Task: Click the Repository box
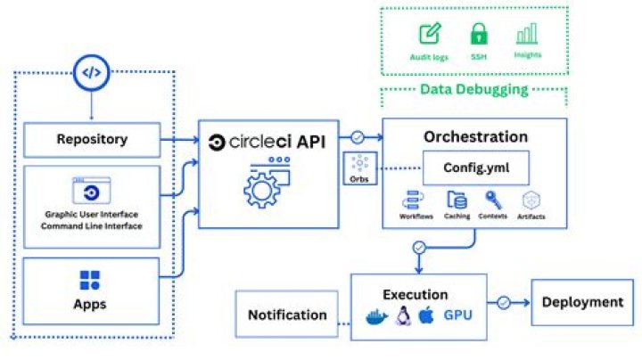pos(92,139)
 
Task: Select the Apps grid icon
pos(90,281)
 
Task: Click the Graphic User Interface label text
pos(91,214)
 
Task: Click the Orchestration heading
pos(475,136)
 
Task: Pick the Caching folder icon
pos(456,200)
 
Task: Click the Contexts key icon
pos(492,200)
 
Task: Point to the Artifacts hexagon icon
pos(531,200)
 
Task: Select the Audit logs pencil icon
pos(431,35)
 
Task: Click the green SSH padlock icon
pos(479,35)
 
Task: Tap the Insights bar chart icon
pos(527,35)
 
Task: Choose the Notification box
pos(287,315)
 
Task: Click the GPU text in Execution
pos(458,315)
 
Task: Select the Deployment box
pos(582,302)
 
